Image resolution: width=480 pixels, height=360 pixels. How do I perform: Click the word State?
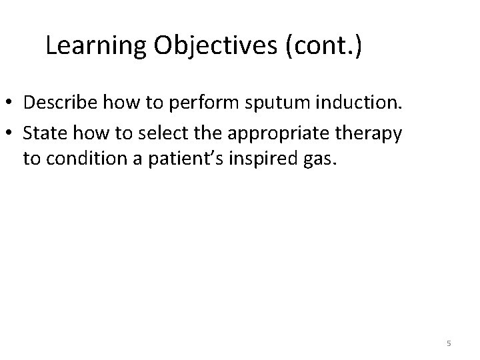coord(42,133)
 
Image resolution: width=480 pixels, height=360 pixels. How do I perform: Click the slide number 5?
coord(449,343)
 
